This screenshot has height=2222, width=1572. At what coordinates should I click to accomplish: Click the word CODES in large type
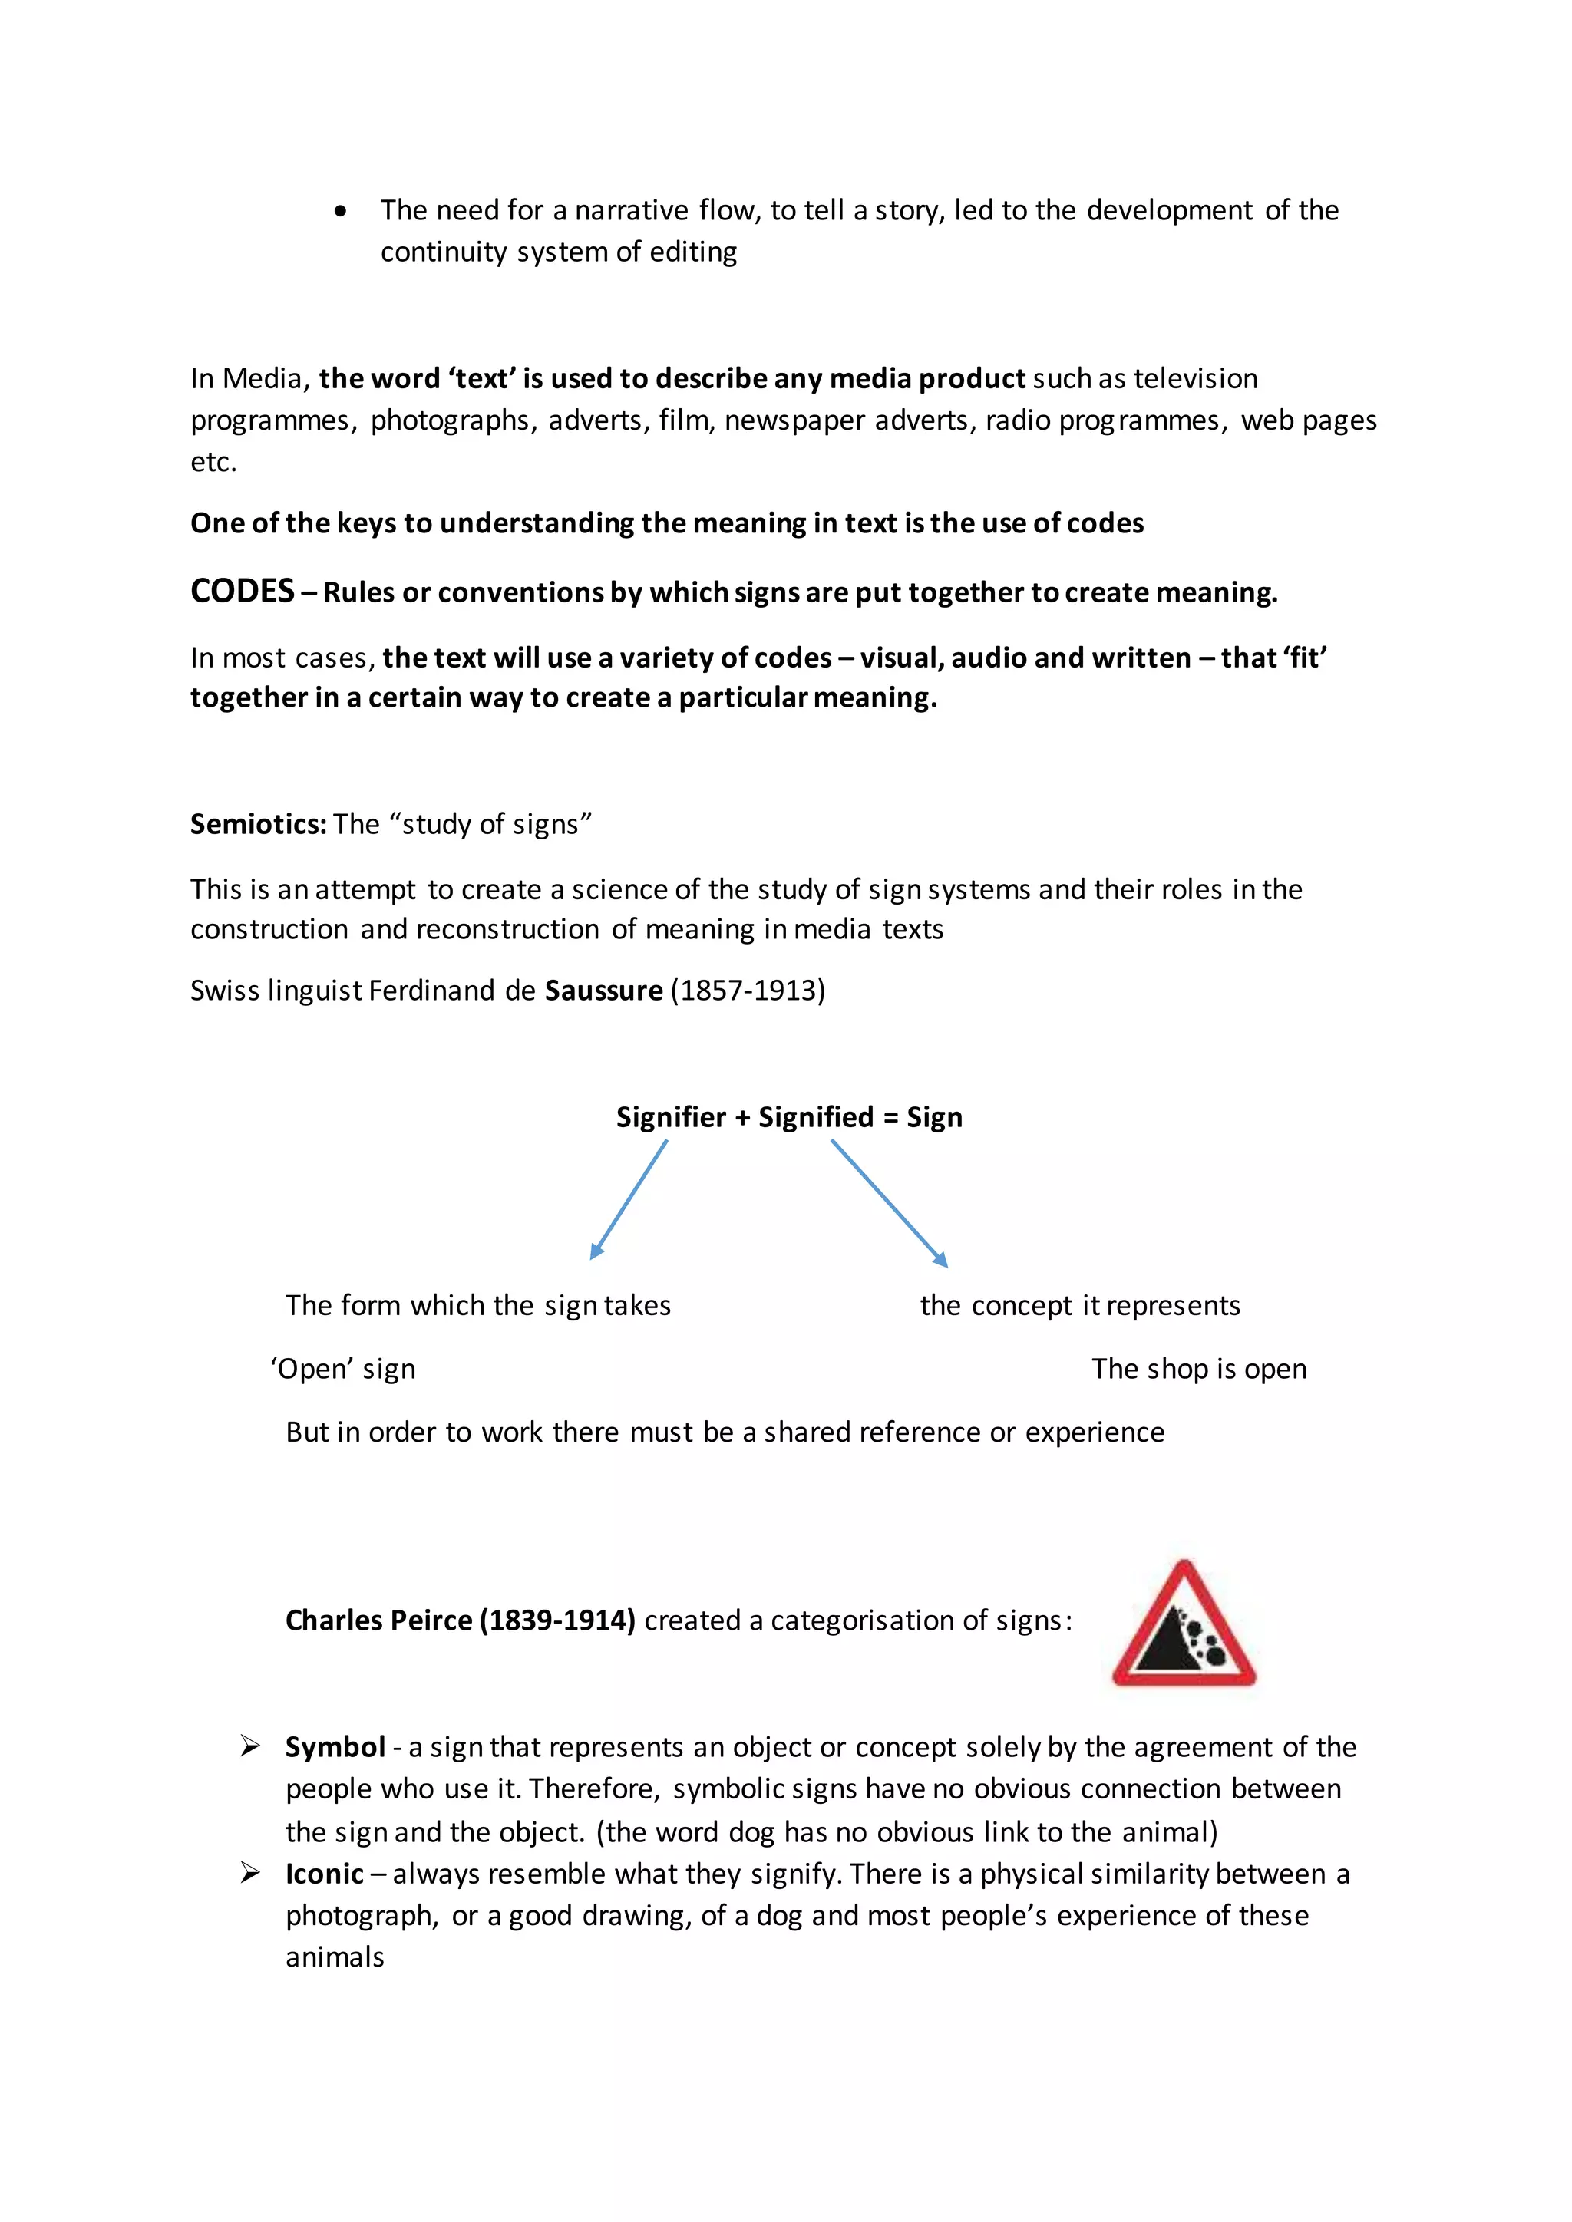pos(242,592)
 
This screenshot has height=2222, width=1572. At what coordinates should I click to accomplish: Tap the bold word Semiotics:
pos(259,825)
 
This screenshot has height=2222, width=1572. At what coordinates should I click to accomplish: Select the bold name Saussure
pos(604,991)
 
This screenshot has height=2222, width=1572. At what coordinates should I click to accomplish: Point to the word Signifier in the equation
pos(671,1118)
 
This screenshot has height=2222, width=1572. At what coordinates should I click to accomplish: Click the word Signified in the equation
pos(816,1118)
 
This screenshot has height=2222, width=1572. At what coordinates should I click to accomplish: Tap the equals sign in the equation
pos(890,1119)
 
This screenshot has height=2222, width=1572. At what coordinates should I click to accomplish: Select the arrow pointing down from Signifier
pos(629,1199)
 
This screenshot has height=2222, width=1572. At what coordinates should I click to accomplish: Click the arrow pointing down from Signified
pos(889,1202)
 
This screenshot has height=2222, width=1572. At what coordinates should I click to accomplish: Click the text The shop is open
pos(1198,1370)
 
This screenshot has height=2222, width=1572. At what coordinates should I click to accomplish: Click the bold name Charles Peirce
pos(378,1621)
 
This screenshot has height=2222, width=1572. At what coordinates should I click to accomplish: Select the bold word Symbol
pos(335,1748)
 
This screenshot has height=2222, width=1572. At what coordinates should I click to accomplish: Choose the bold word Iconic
pos(324,1874)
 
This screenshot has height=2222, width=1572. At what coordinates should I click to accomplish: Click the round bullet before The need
pos(340,212)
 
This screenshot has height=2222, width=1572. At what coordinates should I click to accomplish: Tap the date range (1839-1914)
pos(557,1621)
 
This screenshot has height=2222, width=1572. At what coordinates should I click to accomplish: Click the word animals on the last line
pos(335,1958)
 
